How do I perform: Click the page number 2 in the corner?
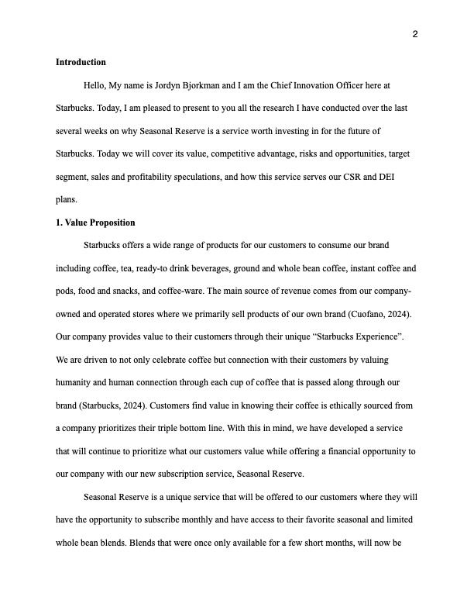point(415,34)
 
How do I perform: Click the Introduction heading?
point(81,62)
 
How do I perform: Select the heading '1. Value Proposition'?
point(95,222)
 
